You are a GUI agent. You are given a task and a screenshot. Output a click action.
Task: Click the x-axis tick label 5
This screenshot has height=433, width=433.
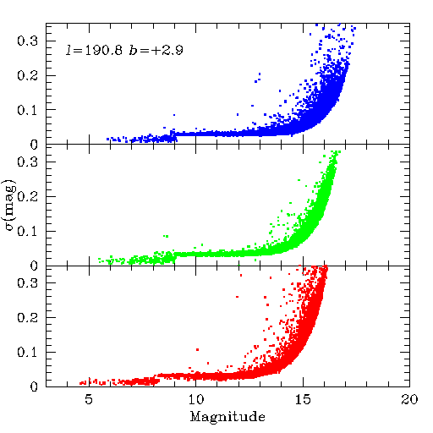click(x=89, y=399)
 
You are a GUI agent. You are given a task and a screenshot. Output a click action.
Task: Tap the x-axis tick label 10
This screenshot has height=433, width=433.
click(x=196, y=399)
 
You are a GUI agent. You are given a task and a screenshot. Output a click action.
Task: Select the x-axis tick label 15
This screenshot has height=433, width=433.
click(x=303, y=399)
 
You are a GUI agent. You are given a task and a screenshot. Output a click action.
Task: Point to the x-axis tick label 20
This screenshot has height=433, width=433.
click(x=409, y=399)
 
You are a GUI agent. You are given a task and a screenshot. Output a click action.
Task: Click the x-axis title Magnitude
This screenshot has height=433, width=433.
click(x=227, y=417)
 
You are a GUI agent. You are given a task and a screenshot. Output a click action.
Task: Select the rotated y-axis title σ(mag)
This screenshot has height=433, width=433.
click(x=10, y=205)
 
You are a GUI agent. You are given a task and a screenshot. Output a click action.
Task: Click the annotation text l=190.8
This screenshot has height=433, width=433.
click(x=94, y=50)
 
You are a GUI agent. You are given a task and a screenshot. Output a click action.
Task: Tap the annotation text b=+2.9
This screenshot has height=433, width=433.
click(x=156, y=50)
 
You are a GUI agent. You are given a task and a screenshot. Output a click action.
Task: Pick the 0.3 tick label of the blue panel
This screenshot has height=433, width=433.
click(x=27, y=41)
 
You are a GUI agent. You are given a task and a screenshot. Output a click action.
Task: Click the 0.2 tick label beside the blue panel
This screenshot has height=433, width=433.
click(x=27, y=75)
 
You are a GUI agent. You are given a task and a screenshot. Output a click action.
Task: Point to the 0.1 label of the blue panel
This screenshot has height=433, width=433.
click(x=27, y=110)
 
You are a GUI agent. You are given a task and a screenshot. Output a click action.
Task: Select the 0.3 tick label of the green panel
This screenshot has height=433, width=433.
click(x=27, y=162)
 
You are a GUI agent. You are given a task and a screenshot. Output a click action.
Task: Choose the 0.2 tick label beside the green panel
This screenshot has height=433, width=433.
click(x=27, y=196)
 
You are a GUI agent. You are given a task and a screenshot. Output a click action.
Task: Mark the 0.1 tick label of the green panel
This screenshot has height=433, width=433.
click(x=27, y=231)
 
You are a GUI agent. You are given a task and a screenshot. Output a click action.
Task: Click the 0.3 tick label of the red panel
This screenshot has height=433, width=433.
click(x=27, y=282)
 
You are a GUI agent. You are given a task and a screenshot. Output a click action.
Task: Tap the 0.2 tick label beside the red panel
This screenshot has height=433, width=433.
click(x=27, y=317)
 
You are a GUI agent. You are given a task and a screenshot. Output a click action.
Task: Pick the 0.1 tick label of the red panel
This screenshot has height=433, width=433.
click(x=27, y=352)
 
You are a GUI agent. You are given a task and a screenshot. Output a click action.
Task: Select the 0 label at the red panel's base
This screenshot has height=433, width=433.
click(x=34, y=386)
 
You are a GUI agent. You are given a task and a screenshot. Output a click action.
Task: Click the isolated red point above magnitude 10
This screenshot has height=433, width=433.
click(x=197, y=349)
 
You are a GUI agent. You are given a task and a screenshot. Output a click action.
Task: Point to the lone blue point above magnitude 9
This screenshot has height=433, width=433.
click(x=174, y=115)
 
